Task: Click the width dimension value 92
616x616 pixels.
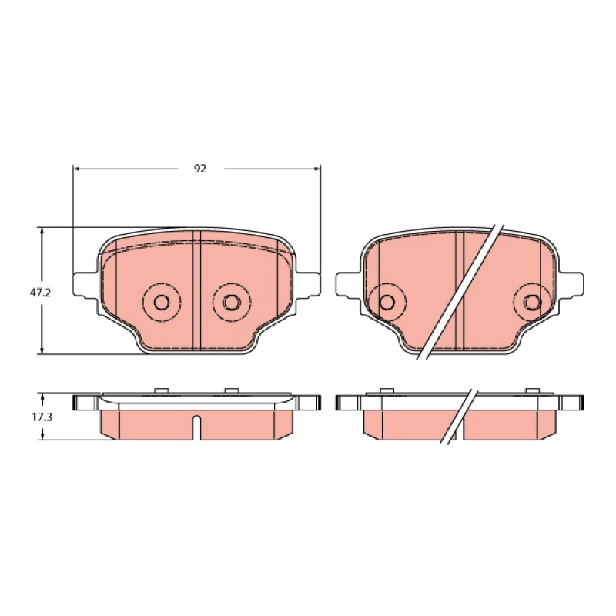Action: coord(200,169)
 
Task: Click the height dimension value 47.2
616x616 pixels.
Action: coord(41,293)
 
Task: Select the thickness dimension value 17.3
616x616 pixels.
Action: coord(42,417)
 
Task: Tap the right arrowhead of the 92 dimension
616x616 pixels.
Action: coord(316,169)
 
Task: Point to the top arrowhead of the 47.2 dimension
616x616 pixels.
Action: coord(42,231)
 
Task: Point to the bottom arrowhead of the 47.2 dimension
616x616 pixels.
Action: coord(42,350)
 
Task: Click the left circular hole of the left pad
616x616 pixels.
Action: coord(162,302)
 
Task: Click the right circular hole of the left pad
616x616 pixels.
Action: coord(232,302)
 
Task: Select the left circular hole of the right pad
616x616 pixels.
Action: coord(387,302)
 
